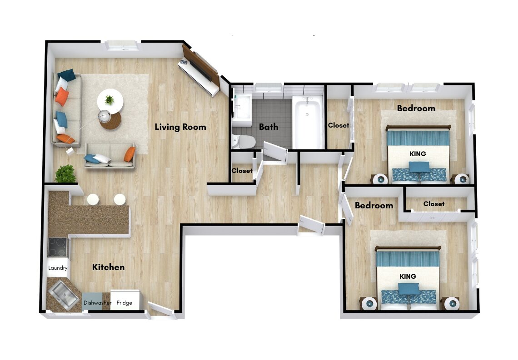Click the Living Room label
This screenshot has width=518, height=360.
[180, 127]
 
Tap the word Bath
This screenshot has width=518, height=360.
[269, 127]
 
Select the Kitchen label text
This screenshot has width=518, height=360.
[108, 267]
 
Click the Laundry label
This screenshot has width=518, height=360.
[58, 268]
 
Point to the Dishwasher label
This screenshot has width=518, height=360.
[97, 303]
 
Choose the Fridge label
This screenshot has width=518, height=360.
[124, 303]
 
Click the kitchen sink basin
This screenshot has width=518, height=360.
[64, 294]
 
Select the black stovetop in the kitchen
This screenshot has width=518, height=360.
[58, 247]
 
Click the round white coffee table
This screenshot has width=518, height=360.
[110, 101]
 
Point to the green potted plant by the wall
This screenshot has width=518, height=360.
[65, 174]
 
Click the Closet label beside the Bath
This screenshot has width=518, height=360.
[338, 125]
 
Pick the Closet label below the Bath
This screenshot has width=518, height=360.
[242, 171]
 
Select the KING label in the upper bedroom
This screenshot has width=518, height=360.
[418, 154]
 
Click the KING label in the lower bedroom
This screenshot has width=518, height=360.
[408, 276]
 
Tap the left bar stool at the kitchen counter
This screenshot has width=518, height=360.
[93, 199]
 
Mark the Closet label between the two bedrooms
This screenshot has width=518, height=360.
[434, 204]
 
